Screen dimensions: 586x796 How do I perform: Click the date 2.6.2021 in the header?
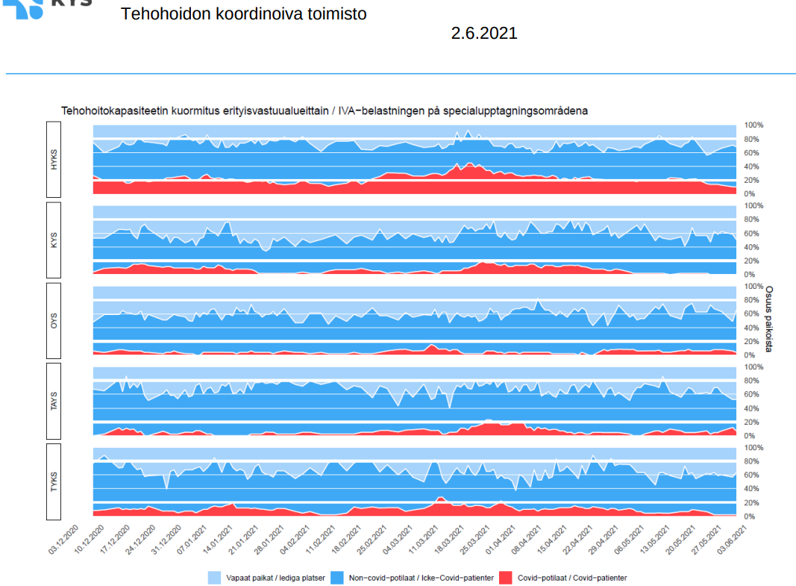point(483,34)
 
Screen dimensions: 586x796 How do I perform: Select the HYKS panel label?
point(54,160)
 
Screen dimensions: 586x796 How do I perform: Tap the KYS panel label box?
point(54,240)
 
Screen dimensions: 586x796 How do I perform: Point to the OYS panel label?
point(54,321)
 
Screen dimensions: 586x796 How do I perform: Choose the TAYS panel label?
point(54,402)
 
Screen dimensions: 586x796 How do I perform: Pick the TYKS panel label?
point(54,481)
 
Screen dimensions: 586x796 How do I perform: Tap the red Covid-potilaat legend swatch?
point(505,578)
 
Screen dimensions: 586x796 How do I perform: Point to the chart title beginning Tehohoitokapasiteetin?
point(324,110)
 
